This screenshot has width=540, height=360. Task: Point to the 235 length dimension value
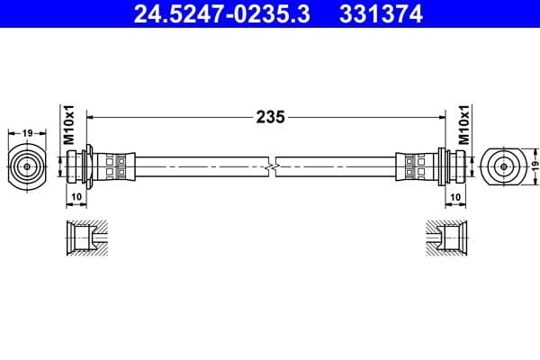pyautogui.click(x=270, y=116)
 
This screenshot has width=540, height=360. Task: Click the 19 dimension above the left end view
pyautogui.click(x=27, y=133)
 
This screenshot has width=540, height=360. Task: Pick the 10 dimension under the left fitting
pyautogui.click(x=76, y=195)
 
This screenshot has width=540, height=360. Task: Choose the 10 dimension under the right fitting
pyautogui.click(x=456, y=195)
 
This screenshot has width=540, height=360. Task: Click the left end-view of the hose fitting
pyautogui.click(x=27, y=166)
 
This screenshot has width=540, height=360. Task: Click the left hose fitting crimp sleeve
pyautogui.click(x=117, y=166)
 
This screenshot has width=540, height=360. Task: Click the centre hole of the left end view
pyautogui.click(x=27, y=166)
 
